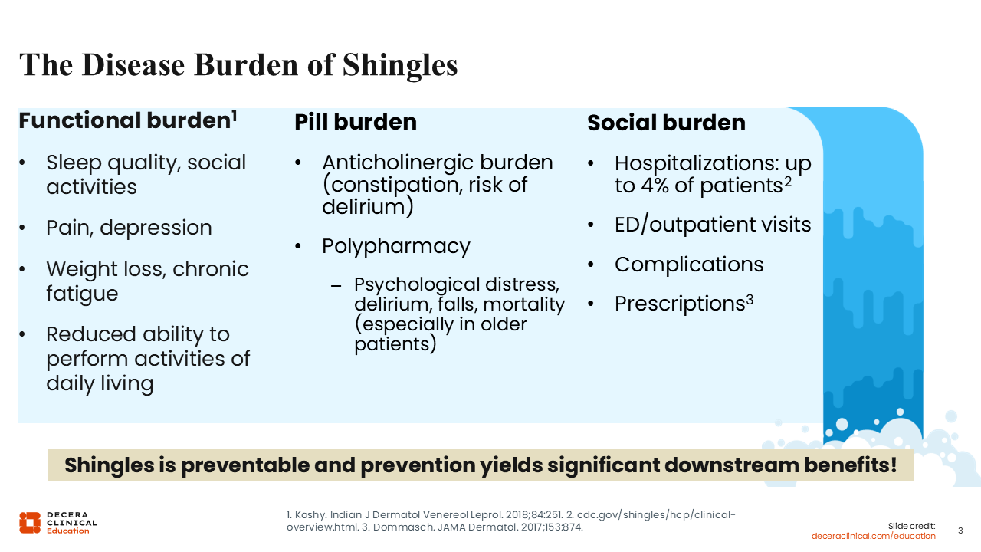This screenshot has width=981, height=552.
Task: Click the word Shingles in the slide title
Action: [400, 66]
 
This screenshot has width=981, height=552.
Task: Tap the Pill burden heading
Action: [355, 122]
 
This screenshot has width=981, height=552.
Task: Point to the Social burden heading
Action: [666, 122]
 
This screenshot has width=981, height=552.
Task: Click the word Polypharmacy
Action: [396, 247]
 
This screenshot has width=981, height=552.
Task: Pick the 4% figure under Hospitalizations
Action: [655, 186]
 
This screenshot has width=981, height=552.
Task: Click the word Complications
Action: [689, 265]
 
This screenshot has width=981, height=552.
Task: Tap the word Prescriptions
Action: [680, 303]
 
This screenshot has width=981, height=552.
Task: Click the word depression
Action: [156, 228]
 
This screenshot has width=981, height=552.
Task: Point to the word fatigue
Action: [82, 294]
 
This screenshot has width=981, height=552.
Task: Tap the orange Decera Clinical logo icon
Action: [30, 523]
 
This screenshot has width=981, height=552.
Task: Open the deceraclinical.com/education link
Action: [873, 536]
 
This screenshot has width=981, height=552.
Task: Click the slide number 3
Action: [960, 531]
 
